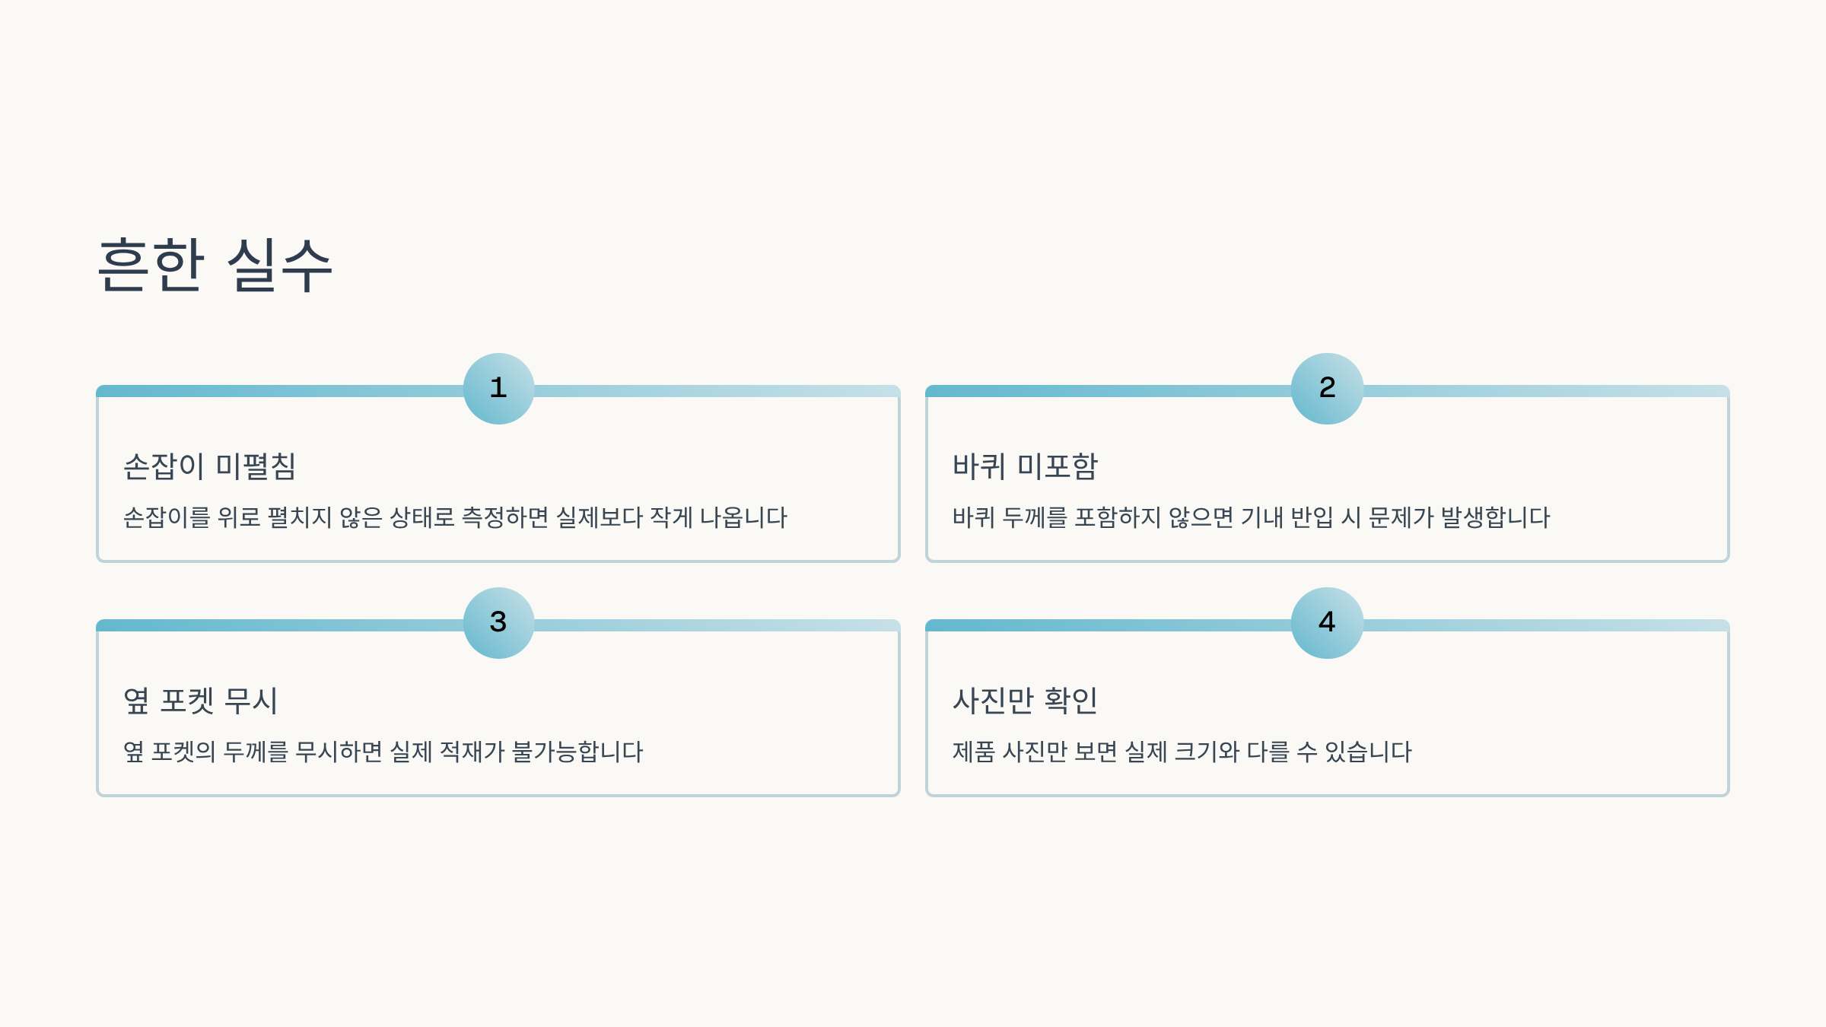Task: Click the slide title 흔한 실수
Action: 215,265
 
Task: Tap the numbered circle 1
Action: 498,388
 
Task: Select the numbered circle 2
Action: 1327,388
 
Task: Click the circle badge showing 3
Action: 498,622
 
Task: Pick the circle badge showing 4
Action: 1327,622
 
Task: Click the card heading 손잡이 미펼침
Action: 209,466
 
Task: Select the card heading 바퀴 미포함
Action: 1025,466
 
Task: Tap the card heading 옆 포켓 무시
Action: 200,701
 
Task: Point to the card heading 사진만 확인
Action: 1025,701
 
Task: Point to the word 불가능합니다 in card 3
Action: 577,752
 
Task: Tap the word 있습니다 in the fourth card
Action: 1368,752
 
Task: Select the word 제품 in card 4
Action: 974,752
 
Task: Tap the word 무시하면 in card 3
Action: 339,752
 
